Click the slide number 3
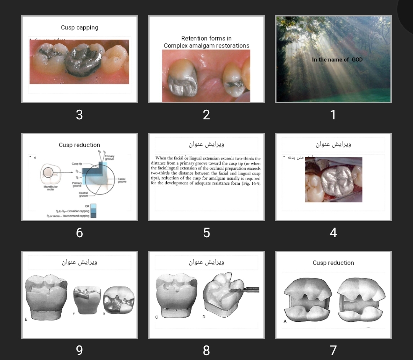[x=79, y=115]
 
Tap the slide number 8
[x=206, y=350]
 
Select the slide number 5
[x=206, y=233]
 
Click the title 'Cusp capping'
[x=80, y=28]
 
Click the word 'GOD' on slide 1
[x=357, y=60]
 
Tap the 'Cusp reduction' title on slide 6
[x=80, y=145]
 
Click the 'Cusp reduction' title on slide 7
[x=333, y=263]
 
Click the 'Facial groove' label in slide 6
[x=122, y=180]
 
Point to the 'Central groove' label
[x=83, y=194]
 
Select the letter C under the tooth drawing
[x=157, y=317]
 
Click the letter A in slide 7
[x=285, y=321]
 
